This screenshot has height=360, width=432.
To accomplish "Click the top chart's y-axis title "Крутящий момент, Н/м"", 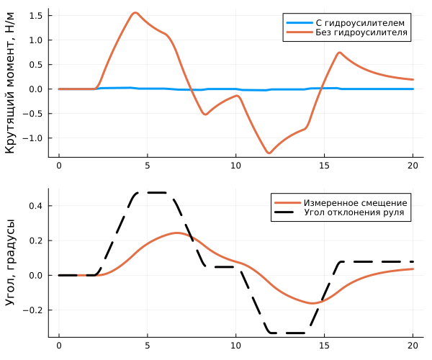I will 11,83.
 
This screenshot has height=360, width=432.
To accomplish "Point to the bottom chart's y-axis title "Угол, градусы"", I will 11,262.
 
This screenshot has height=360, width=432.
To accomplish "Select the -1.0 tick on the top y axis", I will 34,138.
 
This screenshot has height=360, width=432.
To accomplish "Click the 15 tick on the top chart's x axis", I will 324,165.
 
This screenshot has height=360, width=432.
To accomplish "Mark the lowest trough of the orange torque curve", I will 269,153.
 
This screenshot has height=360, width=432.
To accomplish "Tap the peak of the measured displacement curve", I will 177,233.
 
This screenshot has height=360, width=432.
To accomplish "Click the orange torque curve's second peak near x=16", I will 339,53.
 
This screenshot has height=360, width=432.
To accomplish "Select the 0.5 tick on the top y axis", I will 36,65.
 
